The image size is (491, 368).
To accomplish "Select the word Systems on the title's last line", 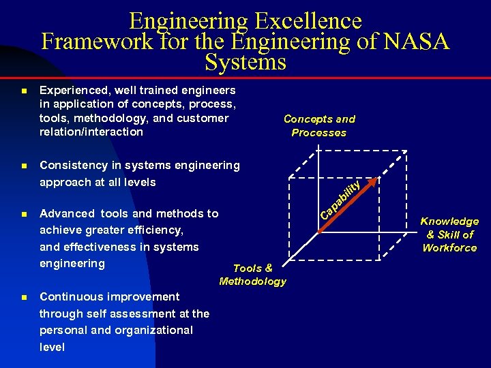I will pos(245,63).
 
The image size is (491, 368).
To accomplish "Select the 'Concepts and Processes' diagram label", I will pos(319,126).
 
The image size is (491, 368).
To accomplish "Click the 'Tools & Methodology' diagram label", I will pos(253,275).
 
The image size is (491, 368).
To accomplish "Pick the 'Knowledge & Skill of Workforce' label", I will pos(449,234).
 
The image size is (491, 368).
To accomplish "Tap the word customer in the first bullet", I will pos(203,118).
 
